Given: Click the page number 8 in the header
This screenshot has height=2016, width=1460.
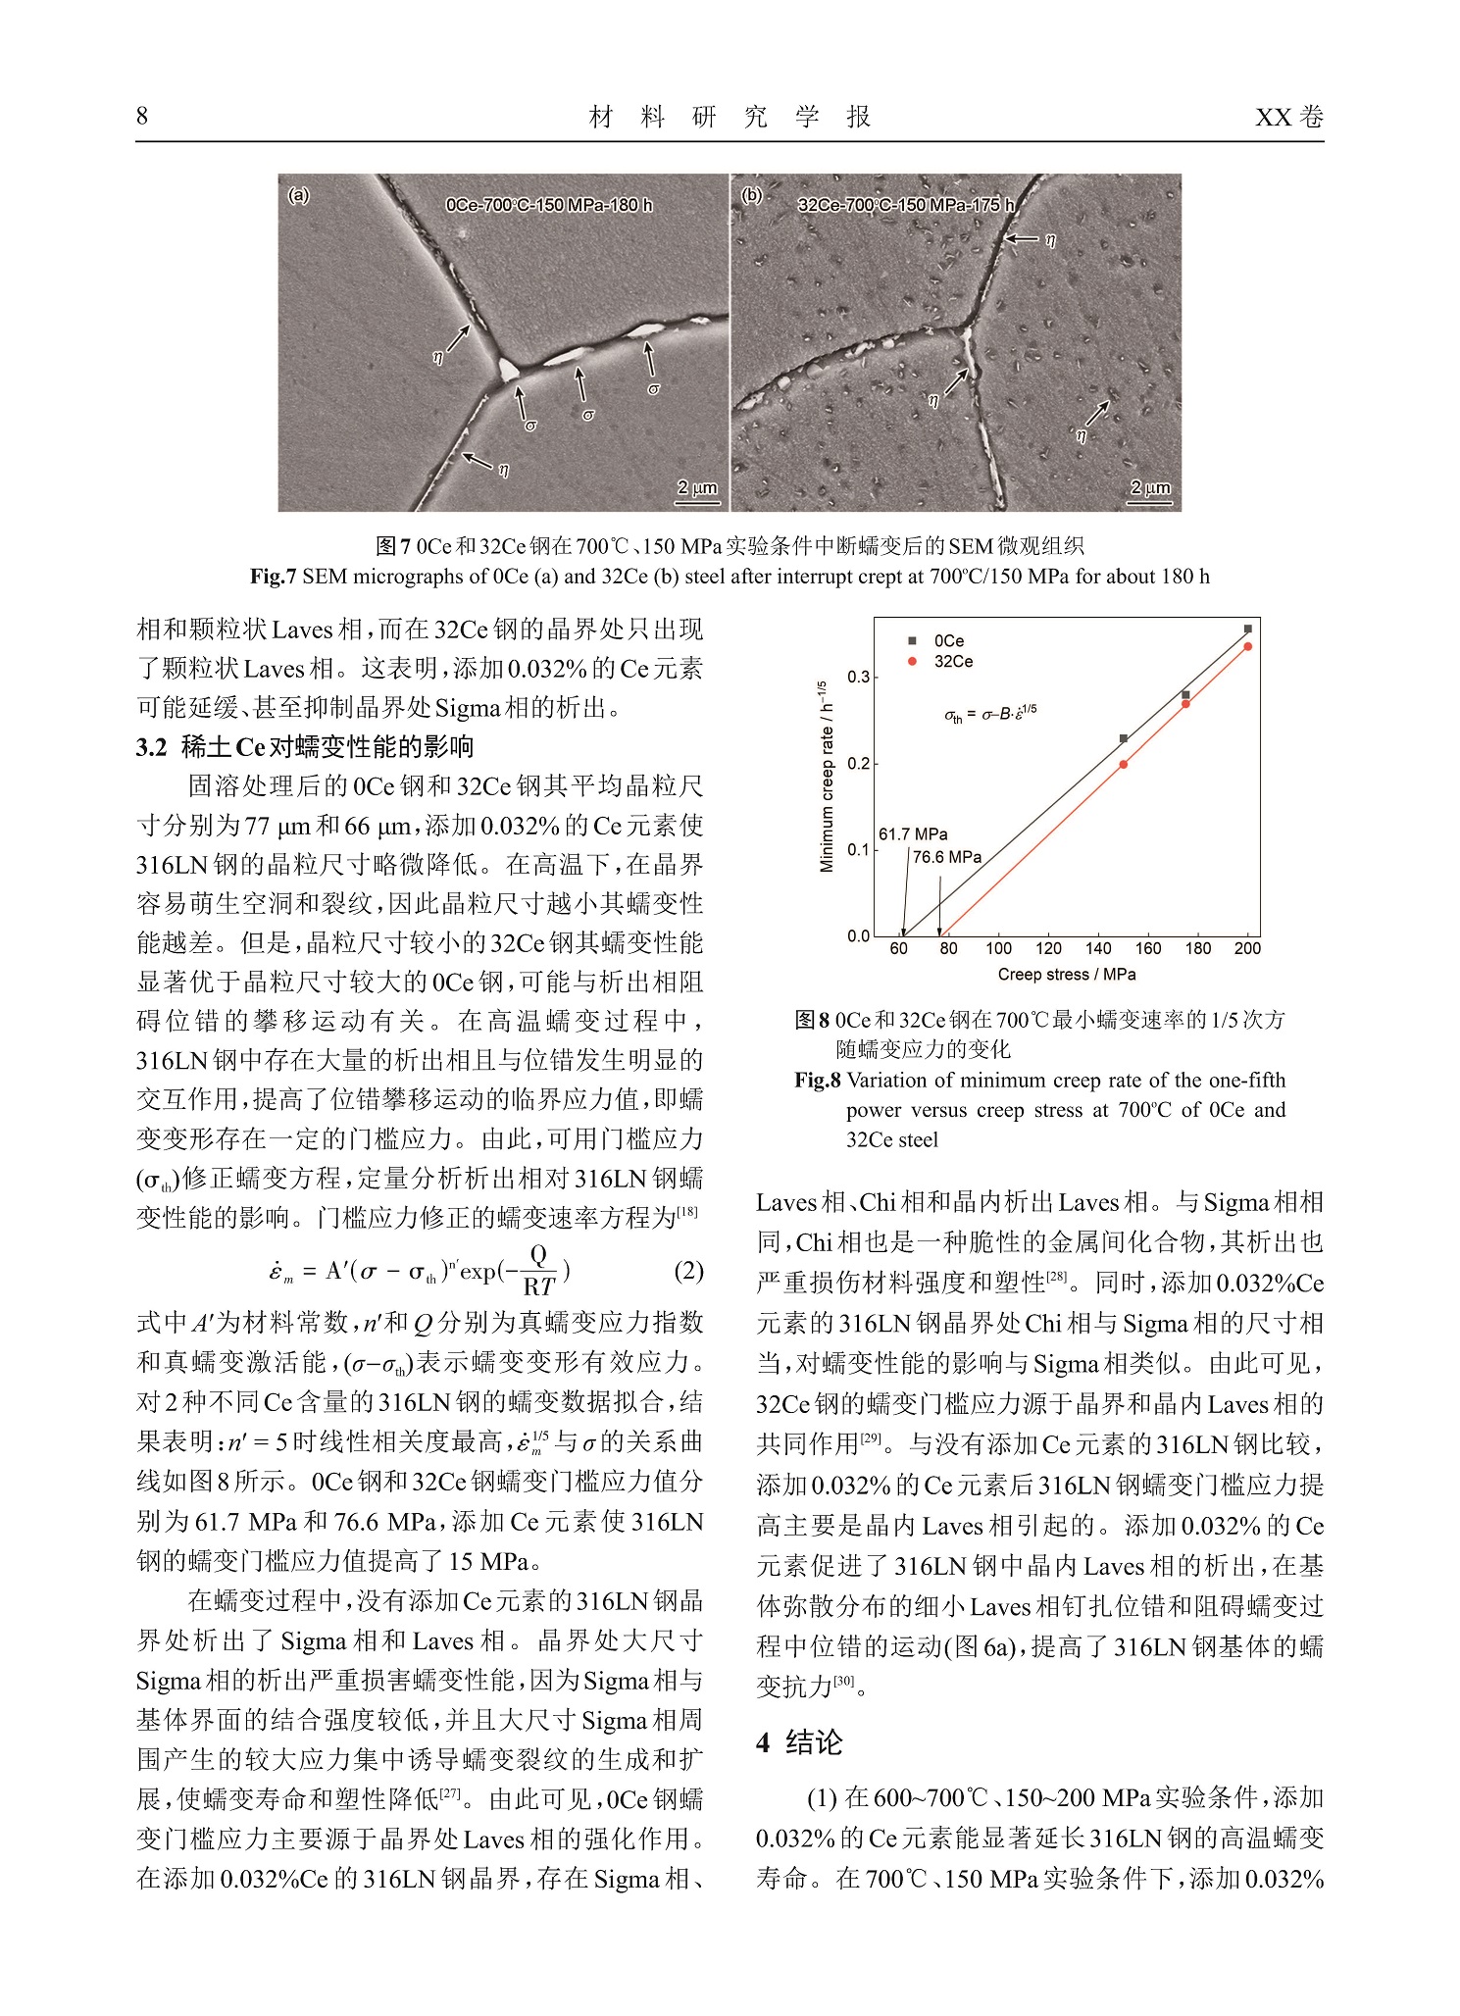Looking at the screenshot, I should pyautogui.click(x=142, y=117).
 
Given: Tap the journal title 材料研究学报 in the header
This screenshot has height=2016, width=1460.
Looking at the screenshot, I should pyautogui.click(x=730, y=118).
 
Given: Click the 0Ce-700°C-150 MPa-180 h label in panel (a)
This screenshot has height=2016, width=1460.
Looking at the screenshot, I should pyautogui.click(x=548, y=205).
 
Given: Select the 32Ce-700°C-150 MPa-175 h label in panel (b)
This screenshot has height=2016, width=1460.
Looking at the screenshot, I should pyautogui.click(x=906, y=205).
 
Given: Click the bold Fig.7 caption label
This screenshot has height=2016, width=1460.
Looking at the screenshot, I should pyautogui.click(x=274, y=577).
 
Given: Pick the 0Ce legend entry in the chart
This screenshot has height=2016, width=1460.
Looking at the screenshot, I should pyautogui.click(x=938, y=641).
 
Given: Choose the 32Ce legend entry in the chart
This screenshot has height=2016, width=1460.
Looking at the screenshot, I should pyautogui.click(x=942, y=662).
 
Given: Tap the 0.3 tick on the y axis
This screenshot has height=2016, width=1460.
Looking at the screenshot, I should pyautogui.click(x=858, y=678).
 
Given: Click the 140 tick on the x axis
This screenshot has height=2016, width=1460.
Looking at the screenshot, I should pyautogui.click(x=1098, y=948).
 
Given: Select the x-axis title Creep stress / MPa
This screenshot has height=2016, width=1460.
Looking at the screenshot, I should pyautogui.click(x=1066, y=975).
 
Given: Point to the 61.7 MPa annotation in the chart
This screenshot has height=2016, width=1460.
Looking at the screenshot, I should pyautogui.click(x=913, y=834).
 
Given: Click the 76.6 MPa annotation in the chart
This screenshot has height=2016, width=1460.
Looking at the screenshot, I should pyautogui.click(x=947, y=857).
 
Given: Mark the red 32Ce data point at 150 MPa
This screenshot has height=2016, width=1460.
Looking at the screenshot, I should pyautogui.click(x=1124, y=765).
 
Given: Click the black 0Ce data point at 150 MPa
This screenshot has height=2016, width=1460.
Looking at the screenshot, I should pyautogui.click(x=1124, y=738).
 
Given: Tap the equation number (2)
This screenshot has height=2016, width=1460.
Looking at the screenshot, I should pyautogui.click(x=688, y=1271).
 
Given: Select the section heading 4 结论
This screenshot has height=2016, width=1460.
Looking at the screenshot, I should pyautogui.click(x=799, y=1742).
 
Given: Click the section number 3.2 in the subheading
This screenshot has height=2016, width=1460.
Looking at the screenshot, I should pyautogui.click(x=152, y=747).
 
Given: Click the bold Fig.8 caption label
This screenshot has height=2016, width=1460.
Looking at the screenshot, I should pyautogui.click(x=818, y=1081).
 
